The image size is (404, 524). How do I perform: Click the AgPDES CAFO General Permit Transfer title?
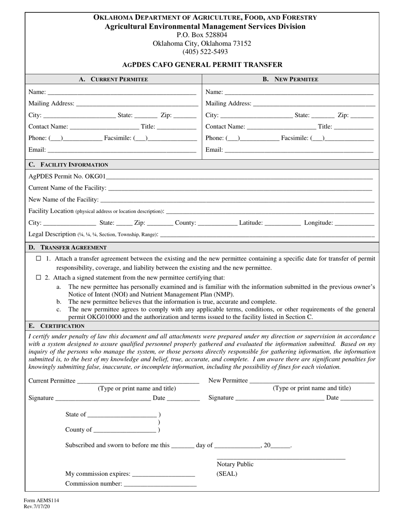coord(202,65)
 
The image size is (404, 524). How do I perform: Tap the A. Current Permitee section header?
coord(114,79)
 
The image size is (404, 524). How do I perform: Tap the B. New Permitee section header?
coord(290,79)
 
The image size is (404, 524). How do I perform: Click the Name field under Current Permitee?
coord(122,92)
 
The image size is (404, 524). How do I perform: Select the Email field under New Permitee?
coord(299,149)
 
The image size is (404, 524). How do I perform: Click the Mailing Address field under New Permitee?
coord(314,103)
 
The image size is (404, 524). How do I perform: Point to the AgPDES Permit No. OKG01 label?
coord(67,176)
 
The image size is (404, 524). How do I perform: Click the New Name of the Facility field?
coord(237,199)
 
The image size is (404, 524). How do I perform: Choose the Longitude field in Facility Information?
coord(355,222)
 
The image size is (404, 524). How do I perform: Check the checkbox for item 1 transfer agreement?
coord(39,259)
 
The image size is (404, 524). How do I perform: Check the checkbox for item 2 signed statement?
coord(39,277)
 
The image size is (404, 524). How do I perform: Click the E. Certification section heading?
coord(57,326)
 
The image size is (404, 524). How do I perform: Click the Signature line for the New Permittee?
coord(280,398)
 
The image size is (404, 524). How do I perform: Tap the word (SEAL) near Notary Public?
coord(227,474)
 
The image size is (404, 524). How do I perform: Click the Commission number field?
coord(160,484)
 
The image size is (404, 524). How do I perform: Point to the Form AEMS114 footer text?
coord(41,501)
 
